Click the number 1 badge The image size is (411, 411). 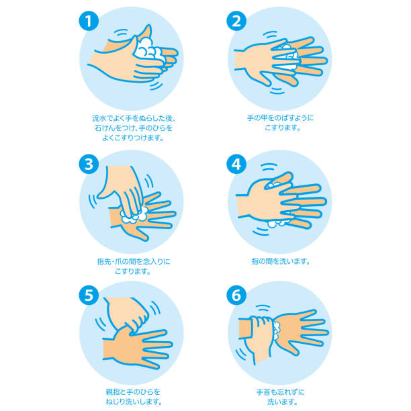[x=89, y=21]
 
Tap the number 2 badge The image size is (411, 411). [x=234, y=21]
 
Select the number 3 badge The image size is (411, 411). [x=89, y=163]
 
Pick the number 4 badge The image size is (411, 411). [x=234, y=163]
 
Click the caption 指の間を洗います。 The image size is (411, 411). [x=279, y=261]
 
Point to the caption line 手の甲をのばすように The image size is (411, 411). [x=279, y=118]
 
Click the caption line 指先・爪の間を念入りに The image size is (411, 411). [x=133, y=261]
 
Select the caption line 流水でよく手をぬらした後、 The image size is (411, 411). [x=133, y=118]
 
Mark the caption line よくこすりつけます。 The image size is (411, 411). [x=133, y=138]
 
